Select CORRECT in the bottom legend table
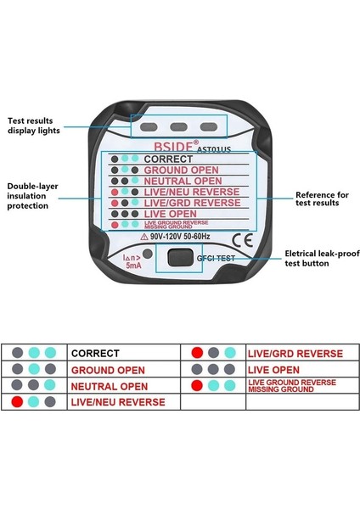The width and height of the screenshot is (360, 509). (95, 353)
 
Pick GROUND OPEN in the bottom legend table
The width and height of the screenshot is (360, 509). (109, 370)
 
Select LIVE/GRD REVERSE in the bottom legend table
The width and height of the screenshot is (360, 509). (295, 353)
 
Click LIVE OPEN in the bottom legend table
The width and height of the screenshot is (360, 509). (274, 370)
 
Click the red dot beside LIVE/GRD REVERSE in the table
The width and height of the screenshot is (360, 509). (197, 353)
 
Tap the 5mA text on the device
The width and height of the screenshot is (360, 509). (134, 266)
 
